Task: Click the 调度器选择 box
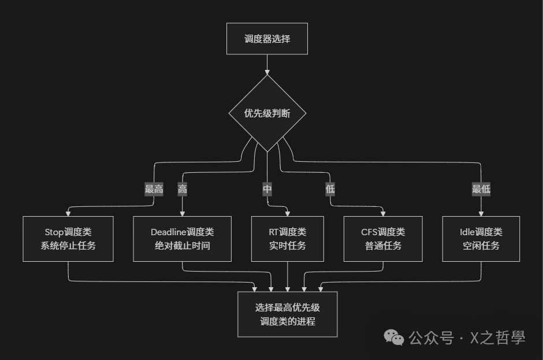point(267,39)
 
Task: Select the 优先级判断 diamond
point(267,113)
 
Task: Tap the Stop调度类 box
point(68,238)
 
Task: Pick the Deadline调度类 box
point(182,238)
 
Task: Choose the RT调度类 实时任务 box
point(288,238)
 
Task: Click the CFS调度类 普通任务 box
point(382,238)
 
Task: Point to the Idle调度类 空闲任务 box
point(481,238)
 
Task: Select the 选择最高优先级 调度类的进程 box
point(288,314)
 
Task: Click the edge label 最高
point(154,189)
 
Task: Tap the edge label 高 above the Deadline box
point(183,189)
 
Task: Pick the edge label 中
point(267,189)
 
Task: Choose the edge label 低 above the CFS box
point(330,189)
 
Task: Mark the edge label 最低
point(481,189)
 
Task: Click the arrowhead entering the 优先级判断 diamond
point(267,72)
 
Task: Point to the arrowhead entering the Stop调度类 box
point(68,213)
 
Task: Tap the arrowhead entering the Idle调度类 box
point(481,213)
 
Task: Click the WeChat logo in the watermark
point(395,337)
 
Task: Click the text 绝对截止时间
point(182,246)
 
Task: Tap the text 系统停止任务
point(68,246)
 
